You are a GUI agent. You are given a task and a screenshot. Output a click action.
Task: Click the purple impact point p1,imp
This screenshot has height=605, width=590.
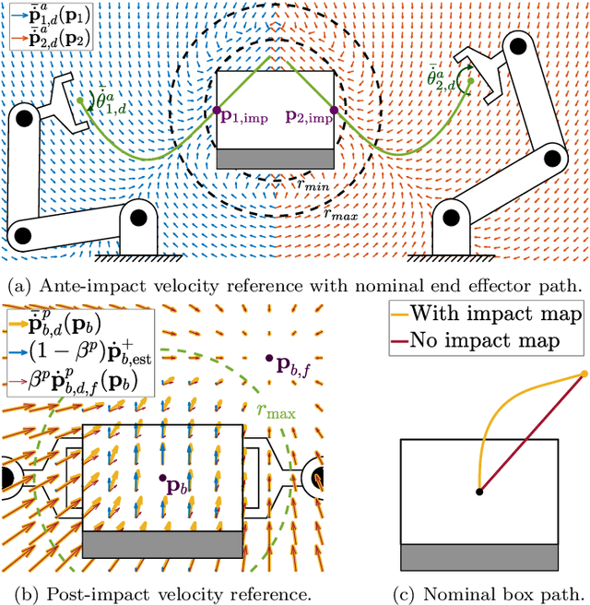217,111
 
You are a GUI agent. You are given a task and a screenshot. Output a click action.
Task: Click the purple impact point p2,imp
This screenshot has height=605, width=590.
334,111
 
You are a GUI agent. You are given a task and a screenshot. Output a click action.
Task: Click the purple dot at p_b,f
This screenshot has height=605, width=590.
268,358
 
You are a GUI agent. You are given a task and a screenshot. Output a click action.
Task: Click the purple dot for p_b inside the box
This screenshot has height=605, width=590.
162,478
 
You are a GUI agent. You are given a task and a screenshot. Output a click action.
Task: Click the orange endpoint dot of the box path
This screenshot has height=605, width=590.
584,374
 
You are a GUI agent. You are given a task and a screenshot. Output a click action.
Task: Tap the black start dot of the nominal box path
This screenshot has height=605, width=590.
478,492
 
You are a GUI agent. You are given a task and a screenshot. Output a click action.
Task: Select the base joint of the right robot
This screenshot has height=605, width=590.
453,219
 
